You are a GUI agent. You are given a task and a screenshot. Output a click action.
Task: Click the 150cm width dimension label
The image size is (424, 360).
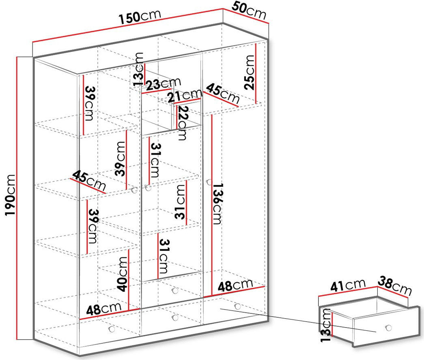(x=140, y=16)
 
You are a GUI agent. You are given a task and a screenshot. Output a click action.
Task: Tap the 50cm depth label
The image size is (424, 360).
(x=249, y=11)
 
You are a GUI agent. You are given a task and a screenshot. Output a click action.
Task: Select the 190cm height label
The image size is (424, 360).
(x=11, y=195)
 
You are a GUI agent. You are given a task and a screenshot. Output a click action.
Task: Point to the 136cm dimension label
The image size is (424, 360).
(x=217, y=204)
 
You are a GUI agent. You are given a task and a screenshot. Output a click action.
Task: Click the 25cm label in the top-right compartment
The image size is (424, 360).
(x=249, y=73)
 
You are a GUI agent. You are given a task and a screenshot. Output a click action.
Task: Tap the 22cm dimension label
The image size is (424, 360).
(x=182, y=123)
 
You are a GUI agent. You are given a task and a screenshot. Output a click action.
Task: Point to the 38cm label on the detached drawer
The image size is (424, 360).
(x=394, y=286)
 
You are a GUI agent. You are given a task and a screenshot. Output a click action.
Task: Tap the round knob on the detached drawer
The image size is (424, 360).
(x=389, y=328)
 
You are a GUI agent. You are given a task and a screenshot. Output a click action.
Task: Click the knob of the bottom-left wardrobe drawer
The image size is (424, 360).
(x=112, y=329)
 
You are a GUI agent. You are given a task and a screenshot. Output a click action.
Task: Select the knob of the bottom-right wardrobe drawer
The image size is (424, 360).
(x=238, y=306)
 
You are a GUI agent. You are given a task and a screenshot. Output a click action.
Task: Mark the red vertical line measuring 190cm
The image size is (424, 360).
(x=17, y=198)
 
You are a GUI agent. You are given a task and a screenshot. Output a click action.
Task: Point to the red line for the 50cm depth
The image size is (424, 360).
(x=246, y=16)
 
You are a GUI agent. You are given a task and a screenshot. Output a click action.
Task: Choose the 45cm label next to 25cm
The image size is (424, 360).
(x=223, y=94)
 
